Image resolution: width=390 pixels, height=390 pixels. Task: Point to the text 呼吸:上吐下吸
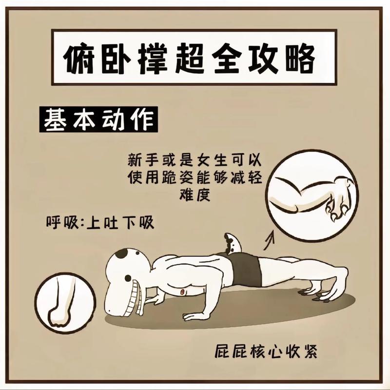(99, 223)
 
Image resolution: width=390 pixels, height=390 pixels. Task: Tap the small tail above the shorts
(233, 242)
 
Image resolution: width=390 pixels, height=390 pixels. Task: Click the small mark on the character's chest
(183, 291)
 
